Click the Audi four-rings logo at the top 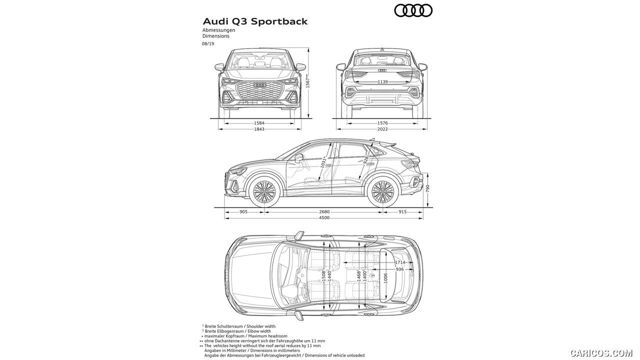point(413,10)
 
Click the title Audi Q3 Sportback point(255,21)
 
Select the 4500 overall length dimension point(324,217)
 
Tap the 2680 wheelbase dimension point(324,211)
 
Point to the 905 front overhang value point(243,211)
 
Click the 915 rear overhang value point(402,211)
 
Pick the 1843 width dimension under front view point(259,129)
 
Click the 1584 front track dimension point(259,122)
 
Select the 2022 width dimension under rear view point(382,129)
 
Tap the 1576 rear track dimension point(382,122)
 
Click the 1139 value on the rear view point(382,81)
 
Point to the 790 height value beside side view point(427,188)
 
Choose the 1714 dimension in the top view point(400,262)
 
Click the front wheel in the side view point(264,191)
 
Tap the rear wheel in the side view point(382,191)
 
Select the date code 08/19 point(208,44)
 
